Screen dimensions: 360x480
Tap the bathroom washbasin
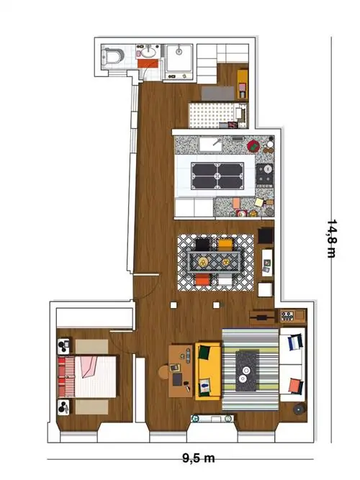coord(149,52)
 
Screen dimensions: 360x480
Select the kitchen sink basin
coord(210,144)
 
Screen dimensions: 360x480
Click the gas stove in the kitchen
coord(265,176)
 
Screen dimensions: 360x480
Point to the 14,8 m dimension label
coord(332,238)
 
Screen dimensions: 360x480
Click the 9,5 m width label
coord(199,458)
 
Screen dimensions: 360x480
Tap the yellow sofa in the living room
coord(208,371)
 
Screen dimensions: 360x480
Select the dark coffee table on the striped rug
coord(247,371)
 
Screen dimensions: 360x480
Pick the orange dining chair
coord(202,280)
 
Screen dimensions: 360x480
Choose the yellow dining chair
coord(225,245)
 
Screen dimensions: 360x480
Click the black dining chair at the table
coord(202,244)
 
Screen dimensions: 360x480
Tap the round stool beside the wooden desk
coord(163,372)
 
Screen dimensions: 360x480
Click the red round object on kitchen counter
coord(253,146)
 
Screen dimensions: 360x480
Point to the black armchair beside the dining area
coord(266,236)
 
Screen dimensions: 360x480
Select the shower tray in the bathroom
coord(179,61)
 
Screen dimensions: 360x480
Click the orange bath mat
coord(148,63)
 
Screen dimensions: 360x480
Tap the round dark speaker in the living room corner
coord(300,409)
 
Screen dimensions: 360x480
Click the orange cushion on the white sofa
coord(295,386)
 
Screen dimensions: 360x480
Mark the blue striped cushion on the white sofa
coord(295,342)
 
